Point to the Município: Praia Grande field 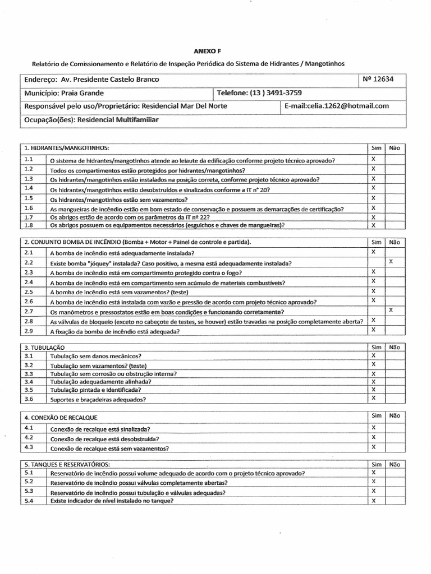point(63,92)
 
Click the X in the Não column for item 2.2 point(391,262)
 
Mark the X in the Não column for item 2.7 point(391,310)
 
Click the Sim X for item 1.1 point(373,159)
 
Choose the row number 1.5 point(29,198)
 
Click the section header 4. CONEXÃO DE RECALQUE point(61,417)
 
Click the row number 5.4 point(29,501)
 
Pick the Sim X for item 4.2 point(373,437)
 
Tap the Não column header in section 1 point(393,147)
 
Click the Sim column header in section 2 point(376,242)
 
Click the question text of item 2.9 point(115,331)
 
